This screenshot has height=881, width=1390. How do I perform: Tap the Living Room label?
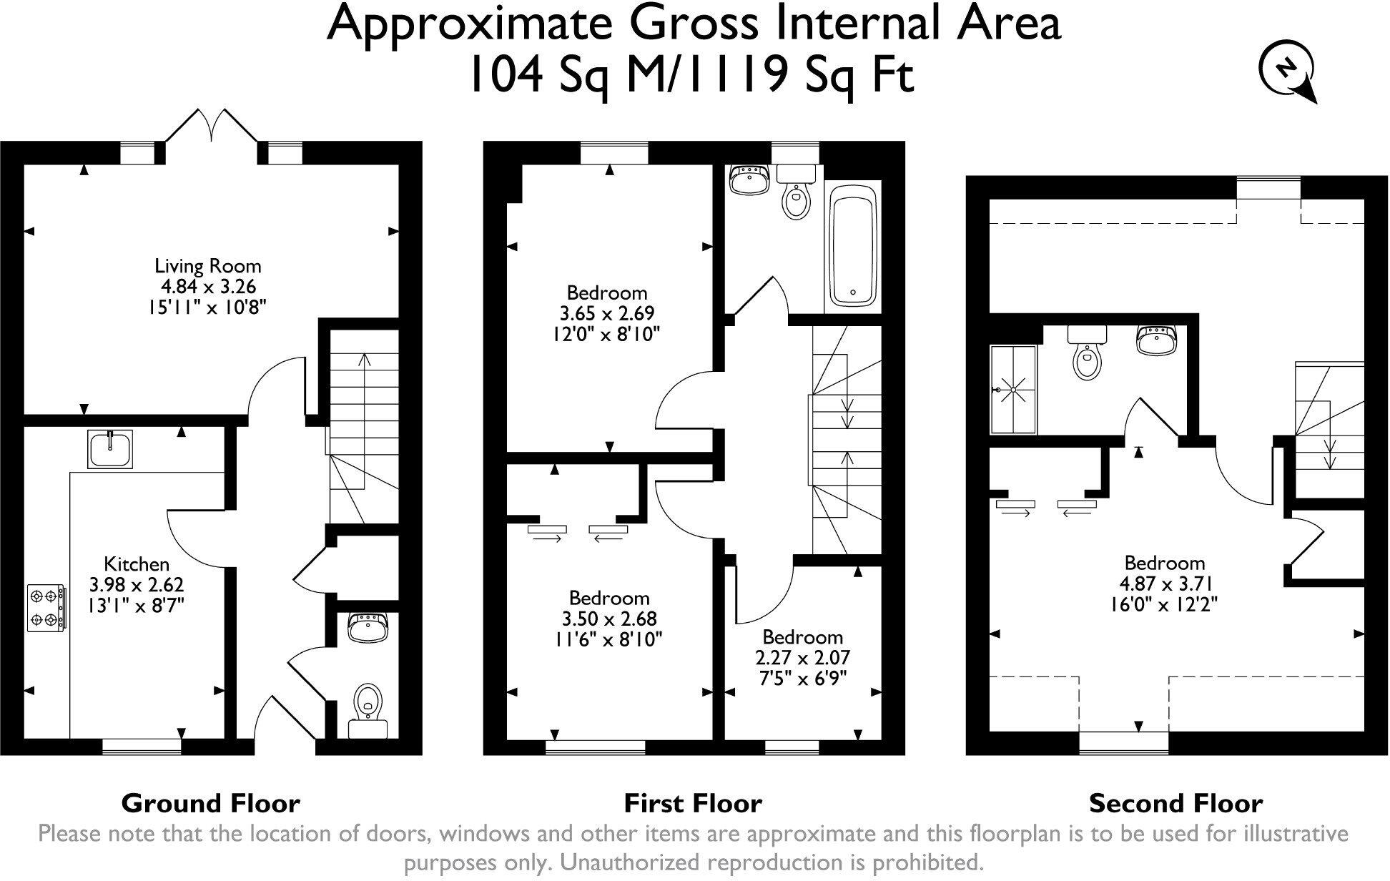208,266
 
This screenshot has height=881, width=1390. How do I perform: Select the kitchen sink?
110,449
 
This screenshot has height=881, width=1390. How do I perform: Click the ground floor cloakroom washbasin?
368,626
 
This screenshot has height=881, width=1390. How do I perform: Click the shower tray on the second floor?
1013,390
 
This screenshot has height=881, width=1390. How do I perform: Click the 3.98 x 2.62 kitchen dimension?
137,585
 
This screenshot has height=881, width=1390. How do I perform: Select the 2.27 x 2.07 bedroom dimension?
802,657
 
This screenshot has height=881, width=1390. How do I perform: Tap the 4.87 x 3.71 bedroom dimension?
1164,584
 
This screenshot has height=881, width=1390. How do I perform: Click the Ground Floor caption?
210,804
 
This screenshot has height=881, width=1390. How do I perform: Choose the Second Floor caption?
1175,804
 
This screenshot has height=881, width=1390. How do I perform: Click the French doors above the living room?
212,127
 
